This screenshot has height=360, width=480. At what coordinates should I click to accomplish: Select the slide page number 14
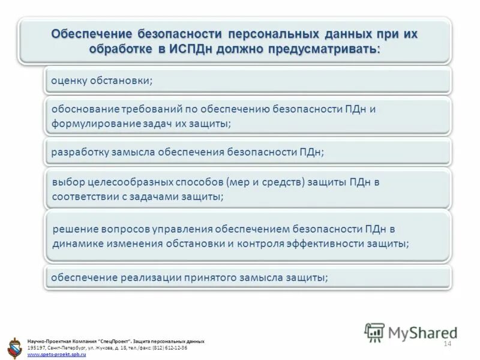pyautogui.click(x=446, y=343)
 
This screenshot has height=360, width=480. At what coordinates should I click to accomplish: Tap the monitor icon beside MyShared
pyautogui.click(x=374, y=332)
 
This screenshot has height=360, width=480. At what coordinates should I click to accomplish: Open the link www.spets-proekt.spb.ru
pyautogui.click(x=57, y=355)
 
